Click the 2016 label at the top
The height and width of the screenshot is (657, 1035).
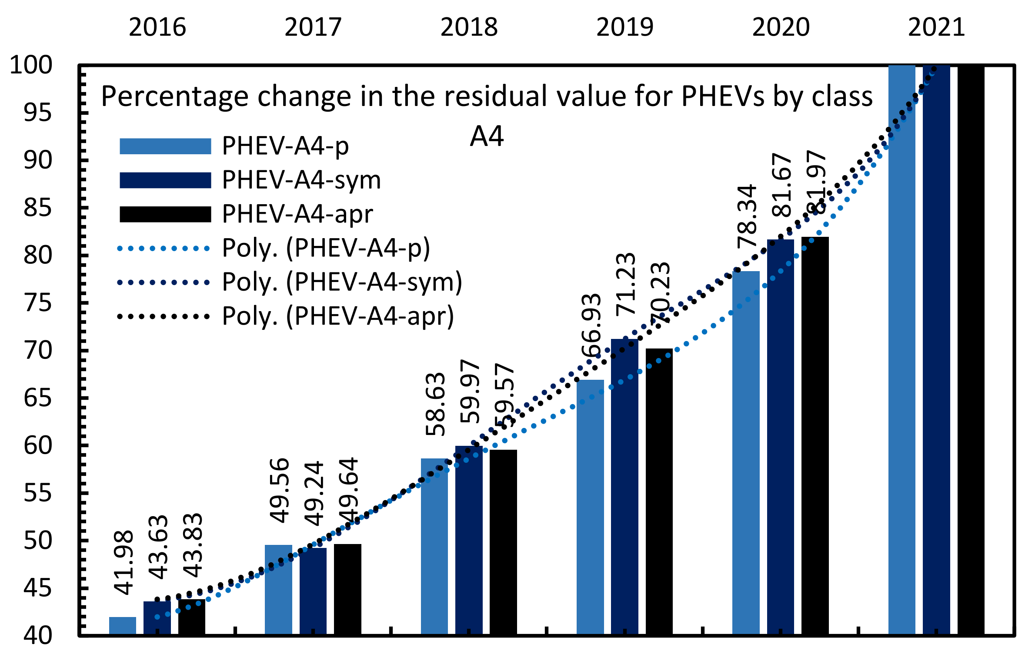(157, 27)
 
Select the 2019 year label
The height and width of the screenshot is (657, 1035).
(624, 27)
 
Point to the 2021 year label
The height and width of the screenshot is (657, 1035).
(936, 27)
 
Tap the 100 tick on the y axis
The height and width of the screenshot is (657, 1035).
(31, 65)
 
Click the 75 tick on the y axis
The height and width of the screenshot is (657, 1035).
(38, 303)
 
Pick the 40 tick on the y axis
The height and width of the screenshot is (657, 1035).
(38, 635)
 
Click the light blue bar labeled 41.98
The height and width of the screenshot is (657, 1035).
(122, 625)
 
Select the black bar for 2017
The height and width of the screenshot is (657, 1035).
(347, 589)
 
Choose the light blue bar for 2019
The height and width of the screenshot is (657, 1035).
(590, 507)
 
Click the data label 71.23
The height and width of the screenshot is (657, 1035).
(626, 284)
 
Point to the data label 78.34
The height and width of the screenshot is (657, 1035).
(747, 216)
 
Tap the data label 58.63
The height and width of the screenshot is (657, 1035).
(435, 404)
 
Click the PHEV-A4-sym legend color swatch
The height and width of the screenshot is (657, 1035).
(165, 180)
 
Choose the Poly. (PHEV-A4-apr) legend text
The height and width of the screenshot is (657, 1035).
(338, 316)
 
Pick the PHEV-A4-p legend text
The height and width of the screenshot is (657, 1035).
(285, 146)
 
